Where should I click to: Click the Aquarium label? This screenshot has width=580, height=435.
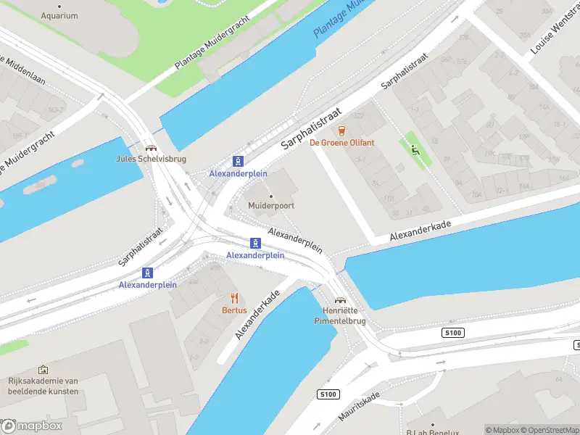pyautogui.click(x=59, y=15)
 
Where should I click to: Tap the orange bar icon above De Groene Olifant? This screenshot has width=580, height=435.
pyautogui.click(x=341, y=131)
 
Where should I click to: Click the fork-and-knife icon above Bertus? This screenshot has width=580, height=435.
pyautogui.click(x=234, y=298)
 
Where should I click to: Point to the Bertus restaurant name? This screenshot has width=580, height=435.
pyautogui.click(x=234, y=310)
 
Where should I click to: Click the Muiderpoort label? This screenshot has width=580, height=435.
pyautogui.click(x=271, y=206)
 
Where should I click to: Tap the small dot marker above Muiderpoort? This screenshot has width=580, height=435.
pyautogui.click(x=271, y=196)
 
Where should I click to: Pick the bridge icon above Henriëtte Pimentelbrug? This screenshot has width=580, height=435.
pyautogui.click(x=339, y=299)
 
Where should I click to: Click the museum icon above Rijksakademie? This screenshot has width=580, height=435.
pyautogui.click(x=43, y=370)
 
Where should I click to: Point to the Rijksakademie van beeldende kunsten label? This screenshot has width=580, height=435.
pyautogui.click(x=43, y=386)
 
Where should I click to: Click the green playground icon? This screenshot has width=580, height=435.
pyautogui.click(x=415, y=150)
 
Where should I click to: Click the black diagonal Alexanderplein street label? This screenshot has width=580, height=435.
pyautogui.click(x=295, y=240)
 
